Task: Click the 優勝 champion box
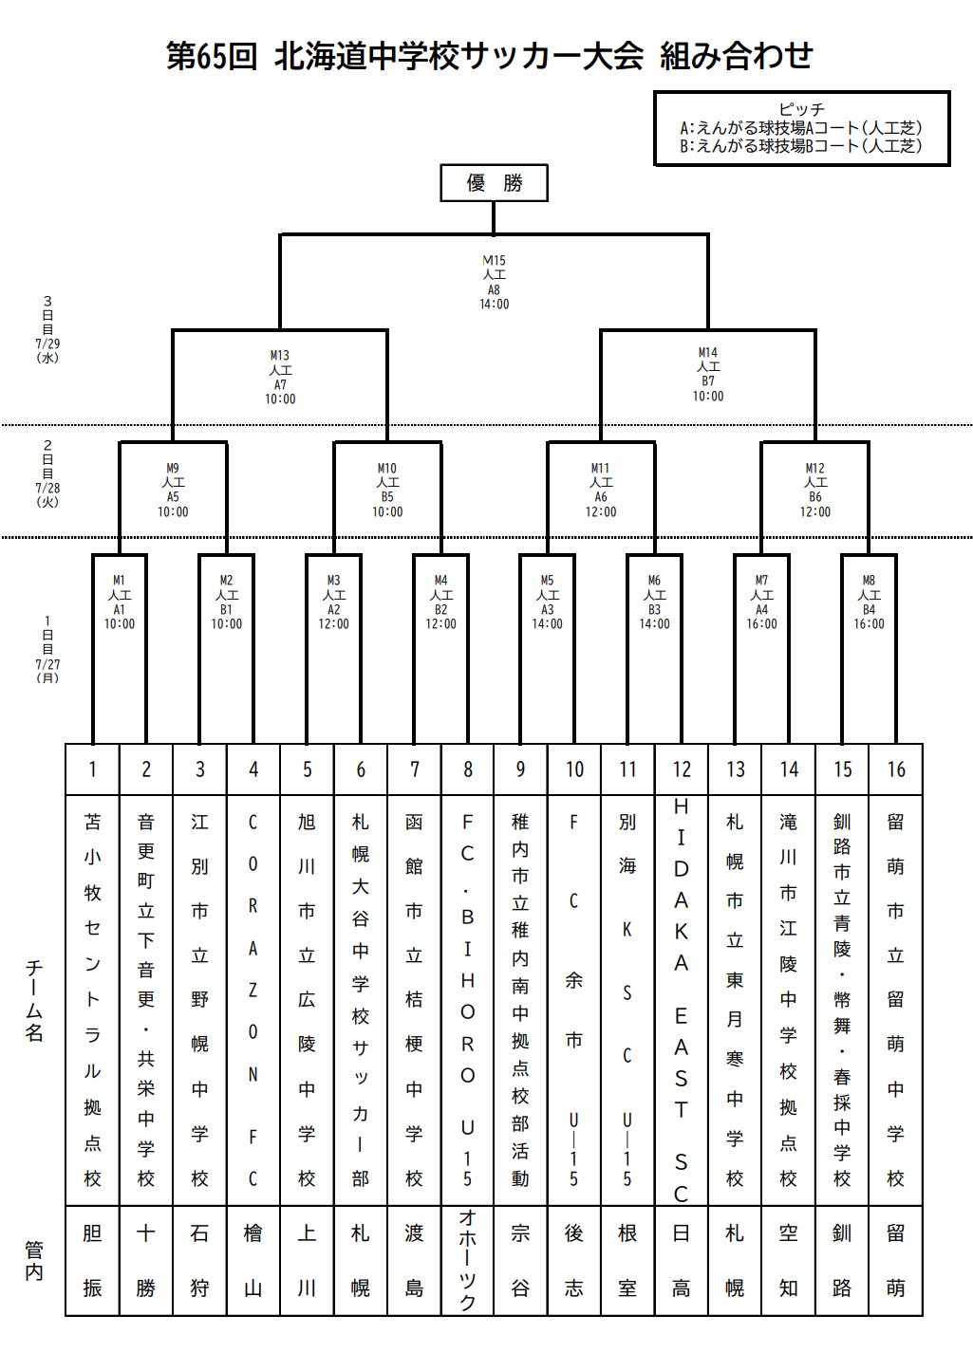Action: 494,182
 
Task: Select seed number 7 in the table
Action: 415,769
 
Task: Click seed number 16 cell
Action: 896,769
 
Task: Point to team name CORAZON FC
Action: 253,1000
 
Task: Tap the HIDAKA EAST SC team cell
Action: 681,1000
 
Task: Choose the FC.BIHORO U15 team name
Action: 467,1000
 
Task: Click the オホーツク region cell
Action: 467,1261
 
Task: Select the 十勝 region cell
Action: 146,1261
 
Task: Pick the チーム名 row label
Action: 33,1001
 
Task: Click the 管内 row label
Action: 33,1261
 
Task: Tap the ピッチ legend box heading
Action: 801,109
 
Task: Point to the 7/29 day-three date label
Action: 47,343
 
